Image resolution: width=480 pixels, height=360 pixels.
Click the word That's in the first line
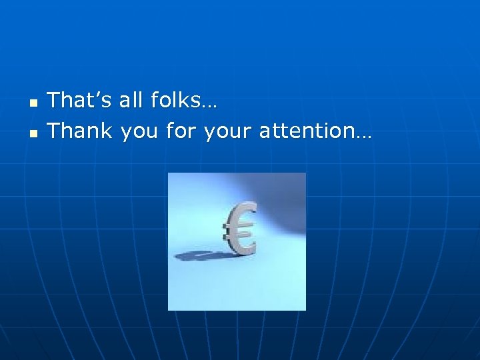[80, 101]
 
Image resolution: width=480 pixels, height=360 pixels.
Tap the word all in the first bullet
[131, 101]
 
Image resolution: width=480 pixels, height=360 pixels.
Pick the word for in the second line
[182, 131]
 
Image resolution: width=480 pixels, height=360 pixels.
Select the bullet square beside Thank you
[32, 133]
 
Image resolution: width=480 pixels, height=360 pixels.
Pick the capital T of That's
[55, 101]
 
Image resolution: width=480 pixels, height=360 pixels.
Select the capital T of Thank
[55, 131]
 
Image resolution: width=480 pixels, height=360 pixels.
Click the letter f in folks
[155, 101]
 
